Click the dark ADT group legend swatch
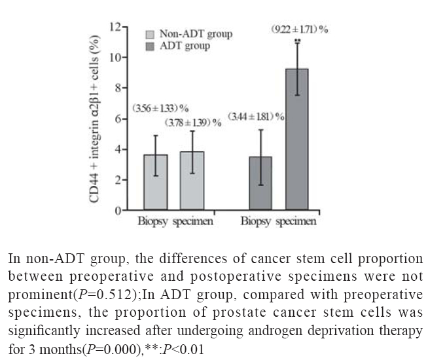tap(151, 46)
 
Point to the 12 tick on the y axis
tap(115, 27)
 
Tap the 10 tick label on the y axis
tap(115, 58)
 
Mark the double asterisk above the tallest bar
tap(298, 42)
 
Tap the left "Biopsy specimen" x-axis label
tap(175, 221)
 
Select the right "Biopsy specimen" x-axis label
tap(278, 221)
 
